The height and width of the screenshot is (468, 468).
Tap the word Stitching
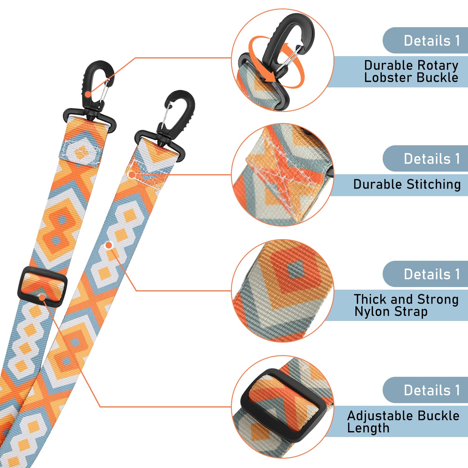point(434,185)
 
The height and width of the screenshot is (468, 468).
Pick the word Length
point(368,428)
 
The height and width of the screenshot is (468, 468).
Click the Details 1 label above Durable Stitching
point(432,159)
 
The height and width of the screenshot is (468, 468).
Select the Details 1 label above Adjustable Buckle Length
point(432,390)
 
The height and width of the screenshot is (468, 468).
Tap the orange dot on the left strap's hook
point(88,94)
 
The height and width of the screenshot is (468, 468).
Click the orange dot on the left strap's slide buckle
point(42,298)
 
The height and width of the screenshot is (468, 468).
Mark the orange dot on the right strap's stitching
point(132,175)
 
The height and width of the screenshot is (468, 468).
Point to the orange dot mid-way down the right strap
point(109,245)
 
